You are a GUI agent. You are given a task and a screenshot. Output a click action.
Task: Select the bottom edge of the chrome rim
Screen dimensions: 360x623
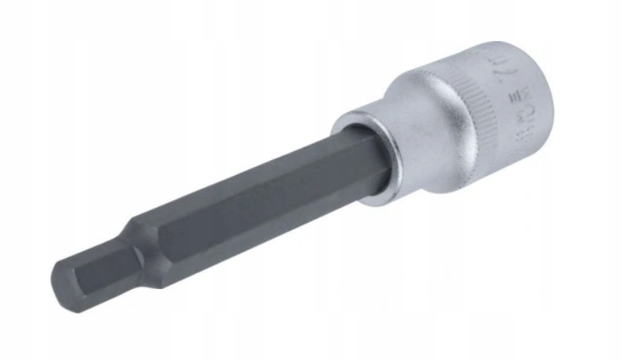pyautogui.click(x=378, y=201)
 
